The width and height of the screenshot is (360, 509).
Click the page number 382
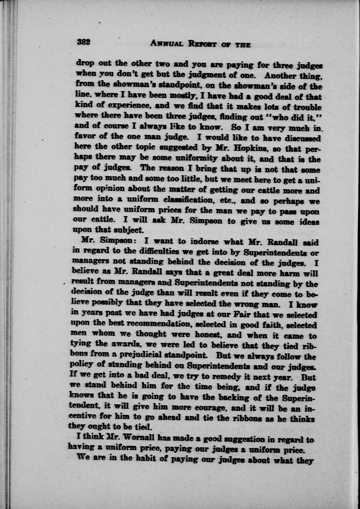click(x=84, y=42)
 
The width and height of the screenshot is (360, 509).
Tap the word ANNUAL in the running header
click(x=167, y=44)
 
